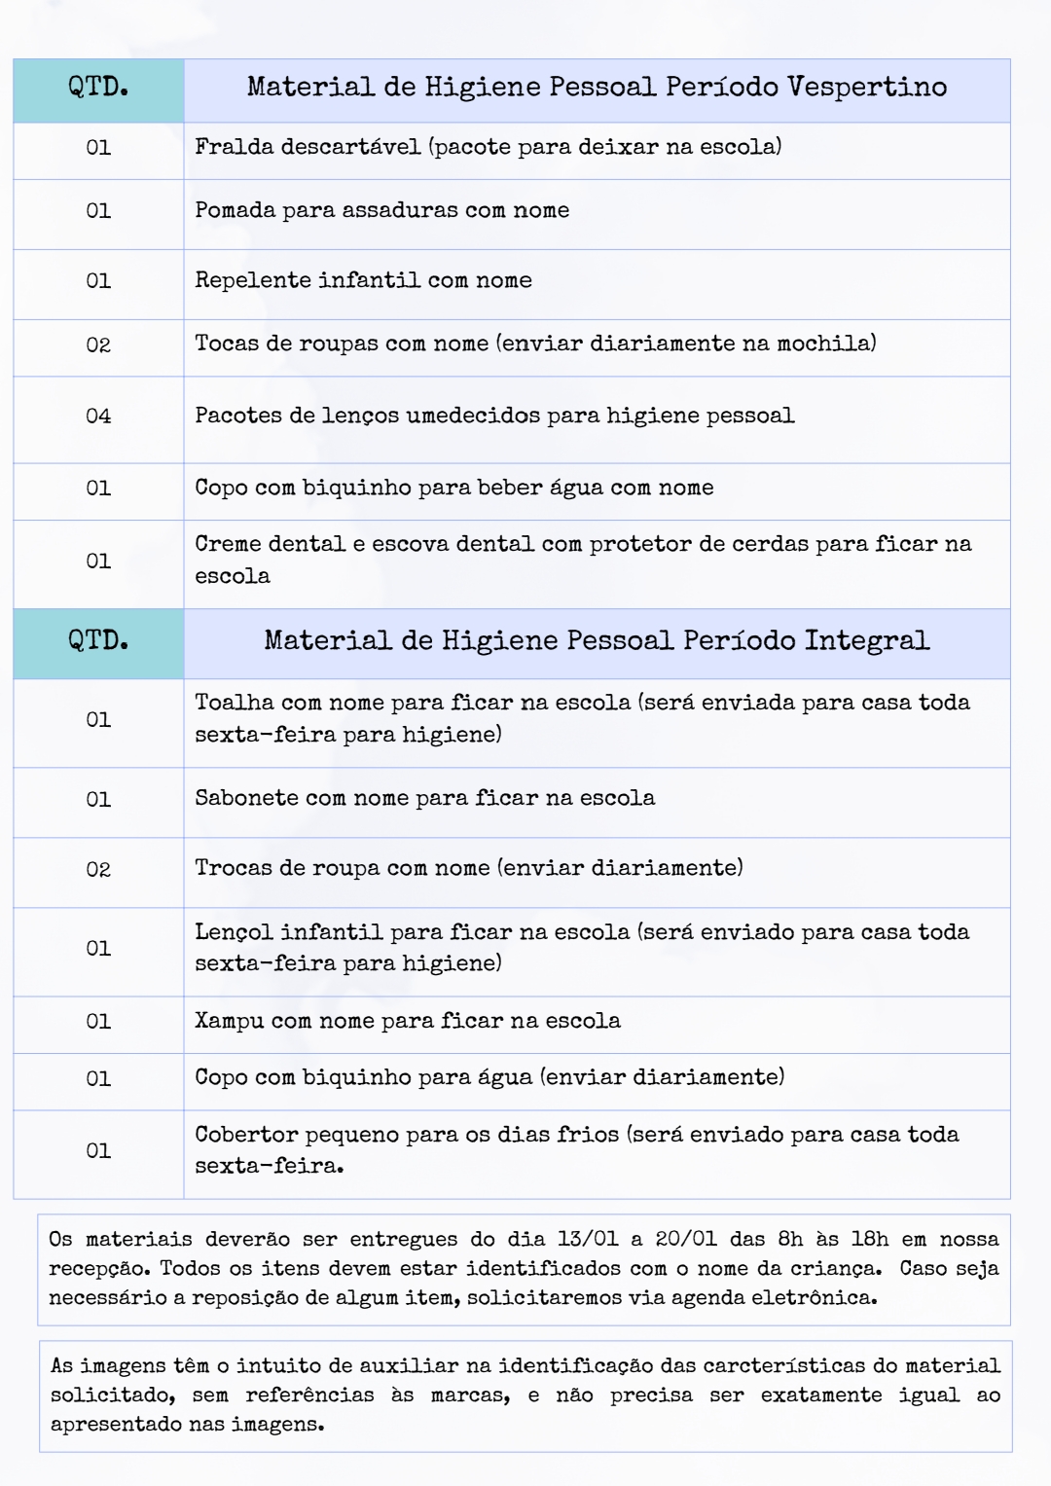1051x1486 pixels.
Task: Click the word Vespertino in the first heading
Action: pos(866,88)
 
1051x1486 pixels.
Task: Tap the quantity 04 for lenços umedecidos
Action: pos(98,417)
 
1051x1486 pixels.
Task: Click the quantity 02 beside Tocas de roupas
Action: pos(98,345)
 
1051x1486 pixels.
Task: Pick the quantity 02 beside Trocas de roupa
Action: pos(98,870)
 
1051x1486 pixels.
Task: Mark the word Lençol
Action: pos(234,932)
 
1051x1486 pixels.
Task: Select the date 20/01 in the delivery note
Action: pos(685,1240)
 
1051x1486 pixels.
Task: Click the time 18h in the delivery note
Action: pos(869,1240)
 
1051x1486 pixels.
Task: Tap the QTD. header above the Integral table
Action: pos(98,640)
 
